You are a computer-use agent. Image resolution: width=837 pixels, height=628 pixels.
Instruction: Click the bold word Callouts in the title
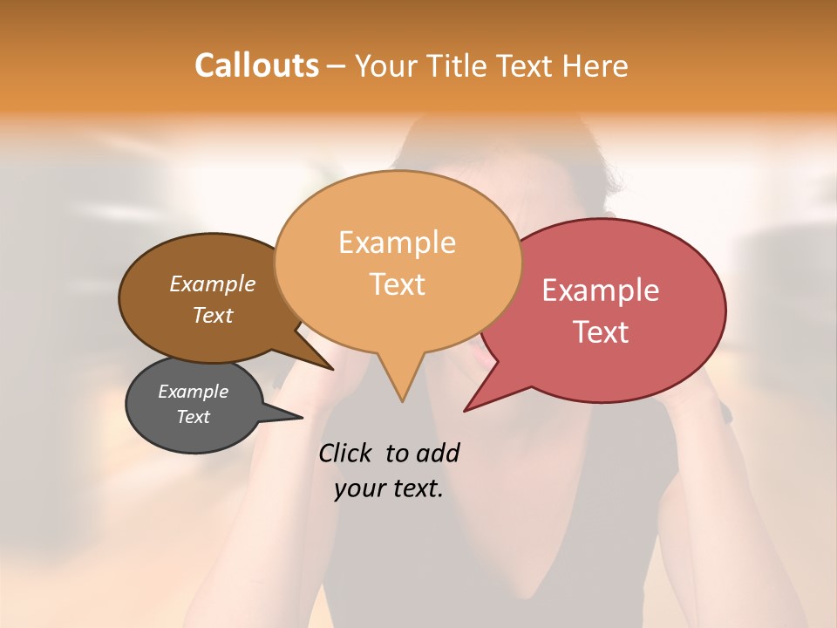[x=256, y=65]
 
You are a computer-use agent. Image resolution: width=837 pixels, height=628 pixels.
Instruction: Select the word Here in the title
[x=595, y=65]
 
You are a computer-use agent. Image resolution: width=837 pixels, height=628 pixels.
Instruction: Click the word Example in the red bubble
[x=600, y=290]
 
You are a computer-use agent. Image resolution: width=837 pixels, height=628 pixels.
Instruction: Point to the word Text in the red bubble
[x=600, y=332]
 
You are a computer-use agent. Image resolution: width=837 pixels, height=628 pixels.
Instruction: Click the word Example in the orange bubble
[x=397, y=242]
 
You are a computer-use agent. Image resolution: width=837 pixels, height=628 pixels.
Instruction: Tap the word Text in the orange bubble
[x=397, y=284]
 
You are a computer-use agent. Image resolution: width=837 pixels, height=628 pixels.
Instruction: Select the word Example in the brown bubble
[x=212, y=283]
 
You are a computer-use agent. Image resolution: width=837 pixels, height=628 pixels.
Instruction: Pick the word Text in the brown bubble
[x=212, y=315]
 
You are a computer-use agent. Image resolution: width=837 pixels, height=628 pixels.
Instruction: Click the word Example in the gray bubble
[x=193, y=392]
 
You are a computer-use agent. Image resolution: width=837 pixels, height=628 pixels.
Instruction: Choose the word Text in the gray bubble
[x=193, y=417]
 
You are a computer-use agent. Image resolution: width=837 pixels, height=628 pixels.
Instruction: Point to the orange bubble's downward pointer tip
[x=402, y=401]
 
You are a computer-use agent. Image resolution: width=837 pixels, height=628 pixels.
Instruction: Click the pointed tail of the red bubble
[x=465, y=411]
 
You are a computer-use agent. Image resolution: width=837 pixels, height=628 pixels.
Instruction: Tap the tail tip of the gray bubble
[x=302, y=418]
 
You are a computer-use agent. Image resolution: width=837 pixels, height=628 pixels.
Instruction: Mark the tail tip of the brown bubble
[x=333, y=370]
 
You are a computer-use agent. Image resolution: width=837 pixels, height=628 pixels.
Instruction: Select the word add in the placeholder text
[x=438, y=453]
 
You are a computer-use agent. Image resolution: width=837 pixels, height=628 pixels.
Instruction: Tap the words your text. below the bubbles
[x=388, y=488]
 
